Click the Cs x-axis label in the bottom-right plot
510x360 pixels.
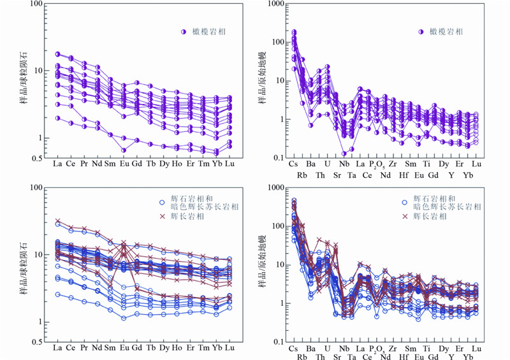(x=294, y=349)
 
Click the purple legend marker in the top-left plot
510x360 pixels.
(x=182, y=31)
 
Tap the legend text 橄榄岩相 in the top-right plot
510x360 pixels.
(x=446, y=31)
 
